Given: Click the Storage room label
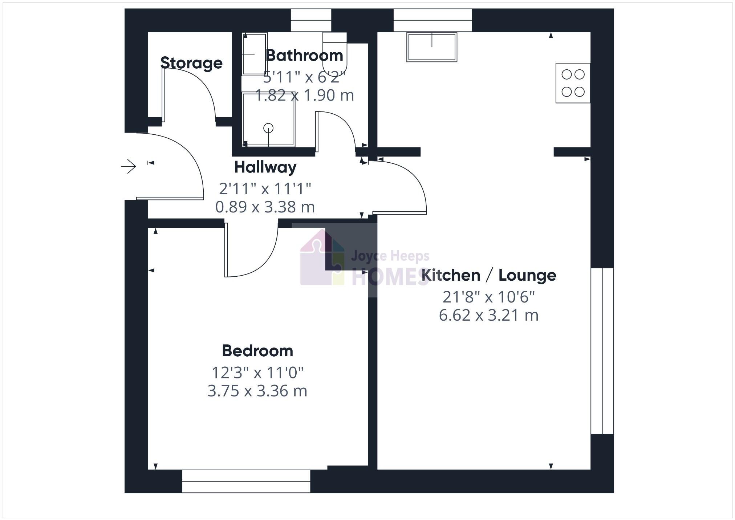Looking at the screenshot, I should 191,63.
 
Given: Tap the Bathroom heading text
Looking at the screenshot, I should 304,56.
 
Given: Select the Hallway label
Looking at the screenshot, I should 265,167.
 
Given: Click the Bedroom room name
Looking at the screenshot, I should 257,351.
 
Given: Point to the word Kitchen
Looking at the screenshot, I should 451,275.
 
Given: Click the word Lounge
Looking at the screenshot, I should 527,275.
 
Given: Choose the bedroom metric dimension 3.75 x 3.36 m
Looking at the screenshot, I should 257,391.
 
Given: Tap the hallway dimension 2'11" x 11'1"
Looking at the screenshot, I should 265,189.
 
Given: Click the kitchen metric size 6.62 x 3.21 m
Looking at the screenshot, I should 488,315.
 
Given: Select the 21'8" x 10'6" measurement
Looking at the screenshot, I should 488,297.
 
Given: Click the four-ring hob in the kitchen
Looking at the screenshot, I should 573,83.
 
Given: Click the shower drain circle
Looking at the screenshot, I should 268,128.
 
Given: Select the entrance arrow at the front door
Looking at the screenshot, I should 129,167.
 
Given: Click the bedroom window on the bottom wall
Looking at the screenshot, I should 246,481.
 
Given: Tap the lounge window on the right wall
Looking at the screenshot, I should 602,351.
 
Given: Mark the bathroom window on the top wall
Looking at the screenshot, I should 311,20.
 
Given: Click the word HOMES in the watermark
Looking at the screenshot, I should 390,277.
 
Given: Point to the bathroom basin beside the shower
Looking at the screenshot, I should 254,54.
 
